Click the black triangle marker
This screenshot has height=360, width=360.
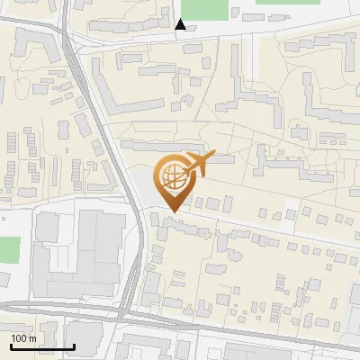pyautogui.click(x=181, y=24)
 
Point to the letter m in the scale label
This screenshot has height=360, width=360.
pyautogui.click(x=32, y=338)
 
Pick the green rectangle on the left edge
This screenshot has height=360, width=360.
pyautogui.click(x=8, y=250)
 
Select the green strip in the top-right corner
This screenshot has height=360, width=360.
pyautogui.click(x=287, y=2)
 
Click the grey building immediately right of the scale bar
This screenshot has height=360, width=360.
pyautogui.click(x=86, y=337)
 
